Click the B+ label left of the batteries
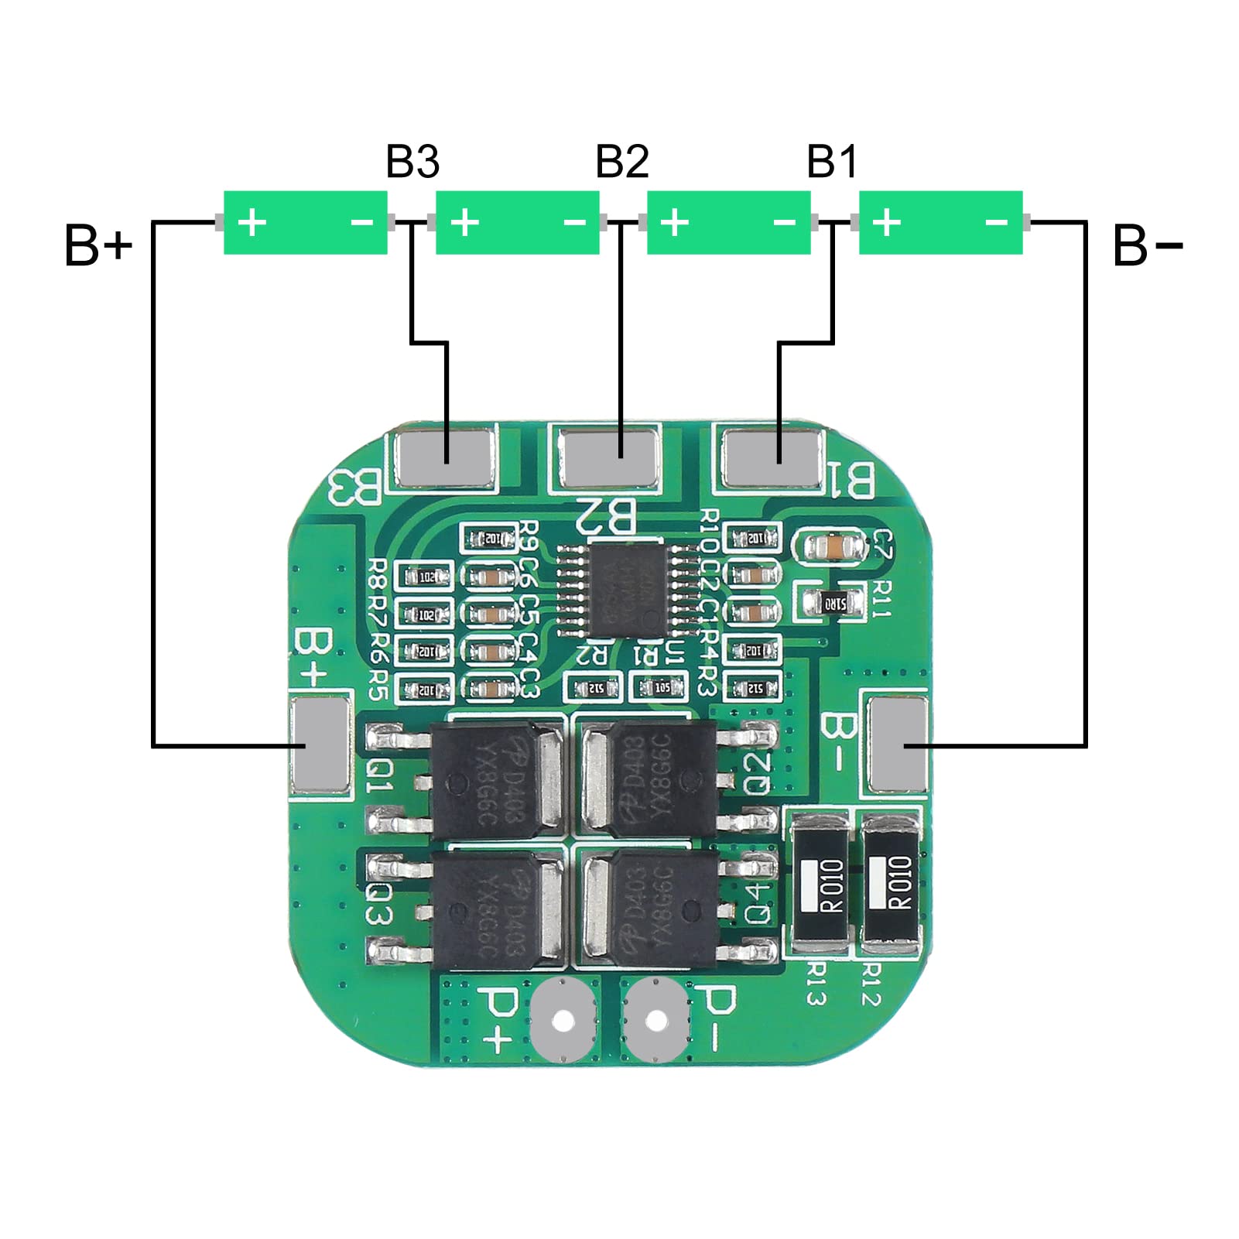pos(98,246)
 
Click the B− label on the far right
pos(1146,246)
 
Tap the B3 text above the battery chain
pos(412,162)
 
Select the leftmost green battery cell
pos(305,223)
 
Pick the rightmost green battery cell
pos(940,223)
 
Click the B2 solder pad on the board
pos(611,457)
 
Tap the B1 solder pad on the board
pos(771,458)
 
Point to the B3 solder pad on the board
pos(444,458)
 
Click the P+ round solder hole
pos(563,1021)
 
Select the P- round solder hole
pos(655,1021)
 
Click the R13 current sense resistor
pos(823,882)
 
